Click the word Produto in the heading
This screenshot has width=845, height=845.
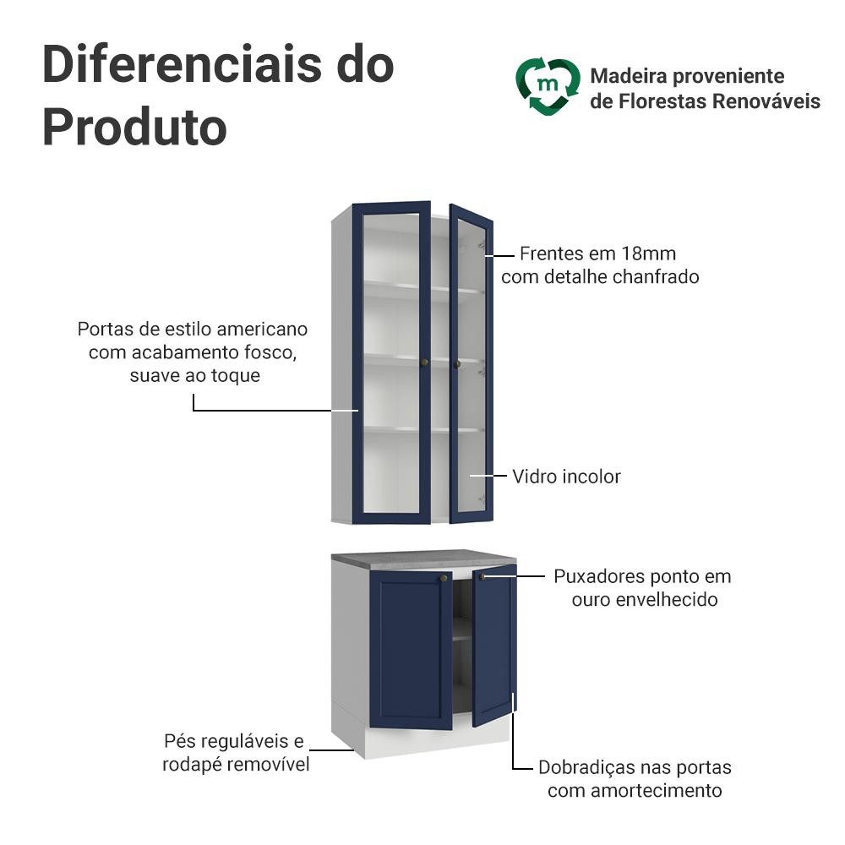(x=134, y=128)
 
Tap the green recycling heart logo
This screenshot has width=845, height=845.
(x=548, y=87)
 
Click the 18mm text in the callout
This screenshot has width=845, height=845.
(x=649, y=253)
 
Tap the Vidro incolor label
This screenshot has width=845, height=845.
(x=566, y=477)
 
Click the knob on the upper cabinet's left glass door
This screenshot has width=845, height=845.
(x=424, y=363)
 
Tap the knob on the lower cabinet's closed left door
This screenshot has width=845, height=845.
(x=444, y=578)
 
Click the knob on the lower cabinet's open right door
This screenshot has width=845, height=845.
(x=482, y=577)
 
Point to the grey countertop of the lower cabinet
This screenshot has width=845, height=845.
(x=423, y=557)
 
